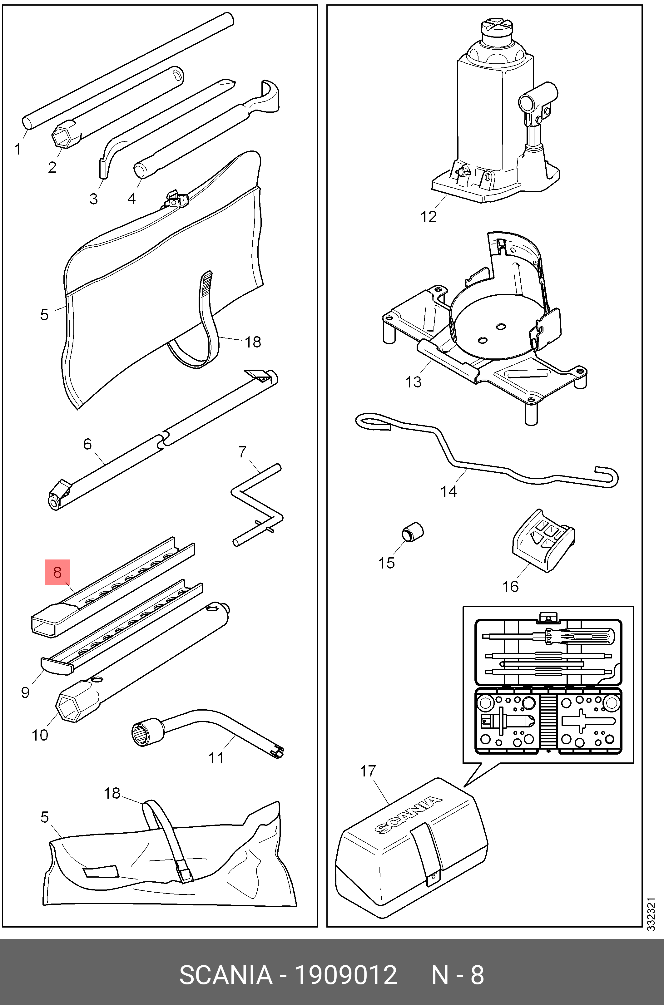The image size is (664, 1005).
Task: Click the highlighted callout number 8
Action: point(57,572)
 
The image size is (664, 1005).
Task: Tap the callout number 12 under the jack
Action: point(428,217)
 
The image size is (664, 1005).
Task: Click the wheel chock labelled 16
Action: point(543,541)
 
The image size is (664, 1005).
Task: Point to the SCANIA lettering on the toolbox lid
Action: point(408,815)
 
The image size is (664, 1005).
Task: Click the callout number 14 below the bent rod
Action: point(448,491)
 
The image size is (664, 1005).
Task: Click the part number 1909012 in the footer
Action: point(345,975)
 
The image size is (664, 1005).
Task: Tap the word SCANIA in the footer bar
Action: point(226,975)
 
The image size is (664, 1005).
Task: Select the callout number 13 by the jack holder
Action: point(413,382)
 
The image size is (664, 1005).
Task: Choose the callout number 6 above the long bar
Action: point(87,444)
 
